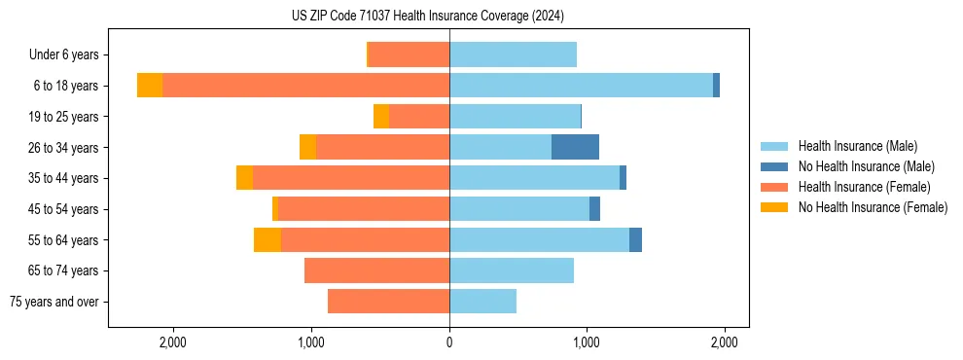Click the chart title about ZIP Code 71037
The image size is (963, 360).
pos(427,17)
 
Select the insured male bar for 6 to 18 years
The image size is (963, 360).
pos(581,86)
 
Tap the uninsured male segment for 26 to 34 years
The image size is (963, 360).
pos(575,147)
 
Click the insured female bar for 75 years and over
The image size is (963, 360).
pos(388,302)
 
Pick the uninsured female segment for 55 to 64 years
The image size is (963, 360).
pos(267,240)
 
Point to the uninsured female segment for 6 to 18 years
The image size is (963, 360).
pos(150,86)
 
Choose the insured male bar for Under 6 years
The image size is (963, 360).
pos(513,54)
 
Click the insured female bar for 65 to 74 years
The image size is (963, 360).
pos(376,270)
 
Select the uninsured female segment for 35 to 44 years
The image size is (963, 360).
pos(244,178)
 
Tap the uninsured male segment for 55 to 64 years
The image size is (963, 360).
pos(635,240)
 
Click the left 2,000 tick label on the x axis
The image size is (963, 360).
pos(173,342)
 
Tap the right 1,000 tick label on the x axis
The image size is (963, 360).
pos(587,342)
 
